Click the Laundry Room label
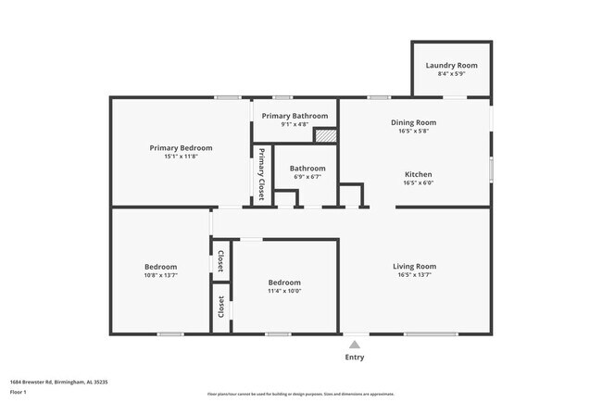tap(451, 66)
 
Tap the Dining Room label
tap(413, 122)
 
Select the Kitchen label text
tap(418, 174)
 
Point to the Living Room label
tap(413, 266)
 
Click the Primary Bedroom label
tap(181, 147)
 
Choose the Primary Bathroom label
tap(295, 116)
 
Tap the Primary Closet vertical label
tap(262, 174)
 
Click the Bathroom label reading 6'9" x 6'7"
tap(307, 169)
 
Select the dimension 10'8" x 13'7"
tap(160, 275)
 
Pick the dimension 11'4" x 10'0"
tap(284, 291)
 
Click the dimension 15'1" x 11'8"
tap(181, 157)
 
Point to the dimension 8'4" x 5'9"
tap(451, 74)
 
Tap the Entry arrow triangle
tap(355, 344)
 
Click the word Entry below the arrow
tap(355, 357)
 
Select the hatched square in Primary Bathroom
tap(325, 135)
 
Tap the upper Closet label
tap(220, 262)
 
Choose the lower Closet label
tap(220, 308)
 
